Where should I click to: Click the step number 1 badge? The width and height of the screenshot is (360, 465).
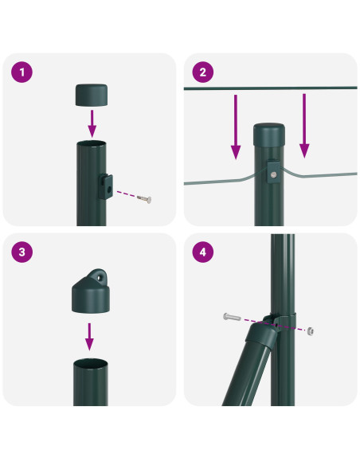coord(23,73)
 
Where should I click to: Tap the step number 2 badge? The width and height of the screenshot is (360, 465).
coord(203,73)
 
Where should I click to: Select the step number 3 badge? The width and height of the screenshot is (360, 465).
coord(23,252)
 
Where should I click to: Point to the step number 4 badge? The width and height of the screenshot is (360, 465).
coord(203,252)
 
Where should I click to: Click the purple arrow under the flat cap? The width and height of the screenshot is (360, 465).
coord(92,123)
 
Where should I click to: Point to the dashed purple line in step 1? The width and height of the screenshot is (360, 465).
coord(125,193)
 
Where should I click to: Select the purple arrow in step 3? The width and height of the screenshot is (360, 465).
coord(90,335)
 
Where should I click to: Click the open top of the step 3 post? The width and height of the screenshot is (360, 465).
coord(90,364)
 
